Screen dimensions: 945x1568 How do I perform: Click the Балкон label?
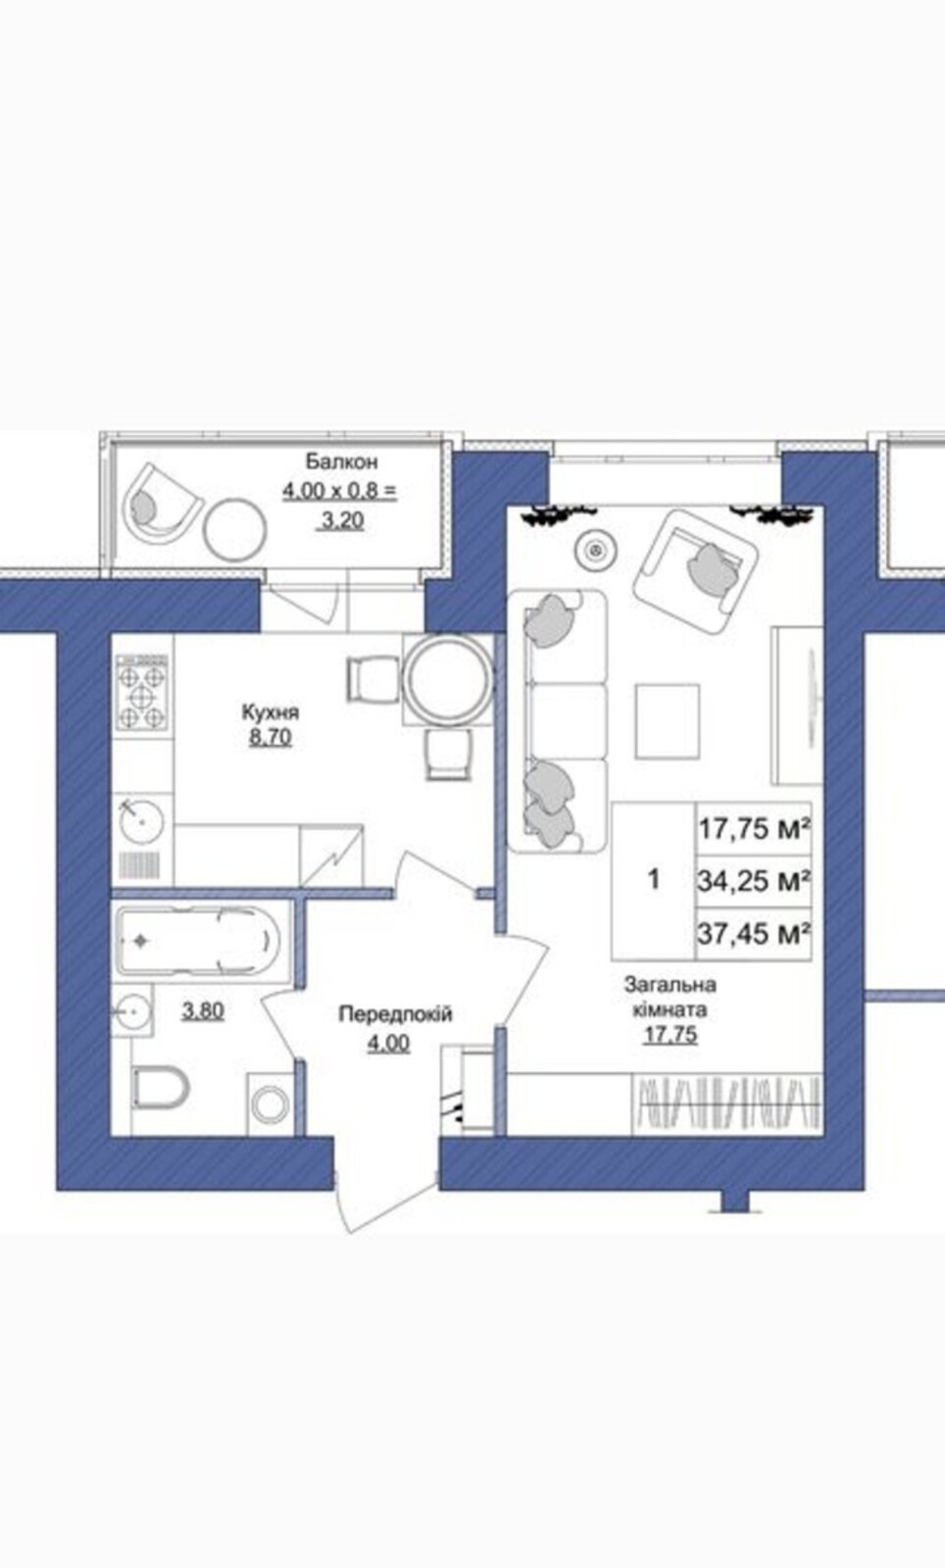[341, 462]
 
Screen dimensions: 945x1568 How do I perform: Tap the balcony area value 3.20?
[341, 520]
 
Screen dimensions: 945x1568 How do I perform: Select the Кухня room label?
[271, 712]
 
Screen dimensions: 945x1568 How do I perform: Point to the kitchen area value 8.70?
[271, 737]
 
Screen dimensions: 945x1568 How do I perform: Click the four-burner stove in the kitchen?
[142, 693]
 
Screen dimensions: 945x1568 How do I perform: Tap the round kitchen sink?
[141, 819]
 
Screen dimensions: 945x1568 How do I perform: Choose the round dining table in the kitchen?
[447, 679]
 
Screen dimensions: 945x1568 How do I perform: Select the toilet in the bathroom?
[161, 1088]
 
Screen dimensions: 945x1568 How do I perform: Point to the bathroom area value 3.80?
[203, 1010]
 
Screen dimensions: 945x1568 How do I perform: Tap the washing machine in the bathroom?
[271, 1104]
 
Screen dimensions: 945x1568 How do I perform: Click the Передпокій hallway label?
[395, 1013]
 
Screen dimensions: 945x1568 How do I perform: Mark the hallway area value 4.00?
[388, 1044]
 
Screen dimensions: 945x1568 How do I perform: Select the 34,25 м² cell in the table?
[754, 881]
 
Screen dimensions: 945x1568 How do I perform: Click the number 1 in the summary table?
[654, 878]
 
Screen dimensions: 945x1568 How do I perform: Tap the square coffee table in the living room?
[668, 721]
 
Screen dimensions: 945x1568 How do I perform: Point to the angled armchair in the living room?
[697, 572]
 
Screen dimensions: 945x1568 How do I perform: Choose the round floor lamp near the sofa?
[596, 550]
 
